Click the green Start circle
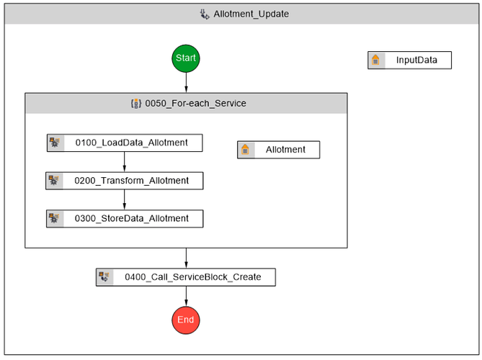point(186,58)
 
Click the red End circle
point(186,320)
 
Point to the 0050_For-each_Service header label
point(195,103)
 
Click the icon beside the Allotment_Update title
point(205,14)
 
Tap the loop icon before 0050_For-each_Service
point(135,103)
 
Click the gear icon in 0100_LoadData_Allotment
point(55,143)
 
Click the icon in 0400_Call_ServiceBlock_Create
point(105,276)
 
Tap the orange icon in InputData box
point(375,60)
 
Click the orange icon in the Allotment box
point(246,150)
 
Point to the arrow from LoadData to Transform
point(124,162)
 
